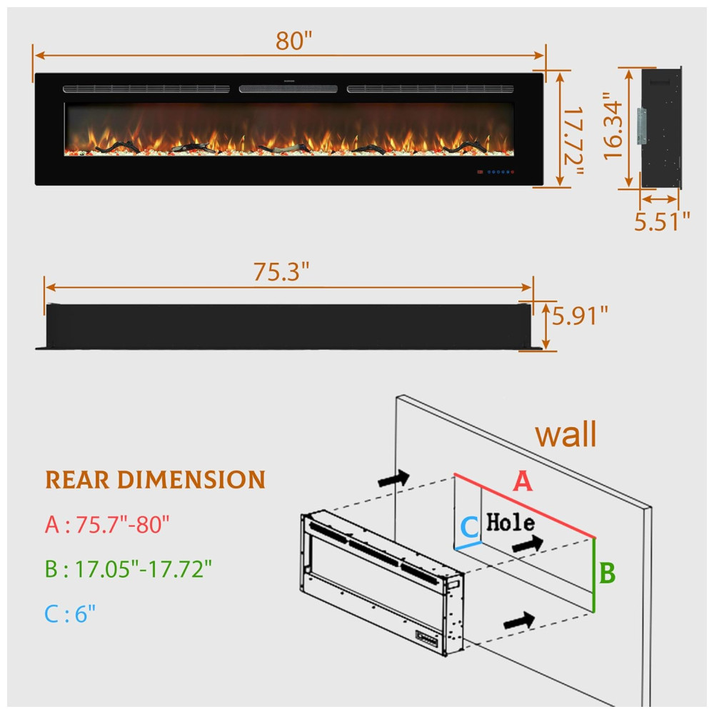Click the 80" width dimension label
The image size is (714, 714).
(x=294, y=41)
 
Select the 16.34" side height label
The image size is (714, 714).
(x=613, y=126)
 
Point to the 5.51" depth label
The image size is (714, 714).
(x=662, y=221)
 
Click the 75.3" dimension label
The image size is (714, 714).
(x=281, y=271)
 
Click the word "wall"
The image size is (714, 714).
(x=565, y=434)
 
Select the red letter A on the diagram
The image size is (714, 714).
(x=523, y=483)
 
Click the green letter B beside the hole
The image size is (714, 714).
(x=607, y=573)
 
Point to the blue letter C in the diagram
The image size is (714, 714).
(x=468, y=527)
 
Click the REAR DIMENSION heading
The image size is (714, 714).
(x=155, y=480)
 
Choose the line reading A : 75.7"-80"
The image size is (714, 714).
(x=107, y=526)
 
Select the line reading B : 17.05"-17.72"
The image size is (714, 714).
(x=129, y=569)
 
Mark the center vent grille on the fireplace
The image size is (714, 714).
(x=288, y=89)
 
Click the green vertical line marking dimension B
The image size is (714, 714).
(x=594, y=575)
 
